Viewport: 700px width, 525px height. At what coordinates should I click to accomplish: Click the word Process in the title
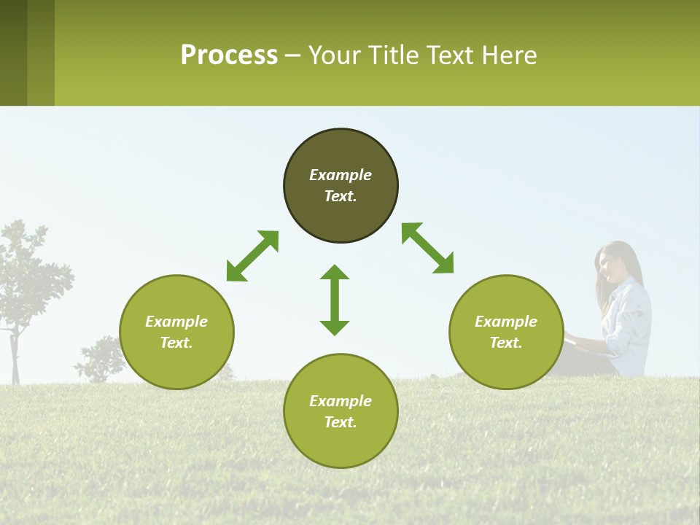[x=229, y=55]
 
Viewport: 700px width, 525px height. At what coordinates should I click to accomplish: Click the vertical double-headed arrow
[x=335, y=300]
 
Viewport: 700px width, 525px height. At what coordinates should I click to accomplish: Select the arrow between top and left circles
[x=252, y=256]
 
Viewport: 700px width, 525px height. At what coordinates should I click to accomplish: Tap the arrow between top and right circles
[x=428, y=248]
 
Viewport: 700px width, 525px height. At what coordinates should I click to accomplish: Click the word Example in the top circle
[x=341, y=175]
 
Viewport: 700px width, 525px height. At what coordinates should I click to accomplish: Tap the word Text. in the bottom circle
[x=341, y=422]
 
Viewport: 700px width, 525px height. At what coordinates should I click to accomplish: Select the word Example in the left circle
[x=176, y=322]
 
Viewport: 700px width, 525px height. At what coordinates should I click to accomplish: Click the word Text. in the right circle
[x=506, y=343]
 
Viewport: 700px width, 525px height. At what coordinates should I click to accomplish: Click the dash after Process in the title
[x=292, y=56]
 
